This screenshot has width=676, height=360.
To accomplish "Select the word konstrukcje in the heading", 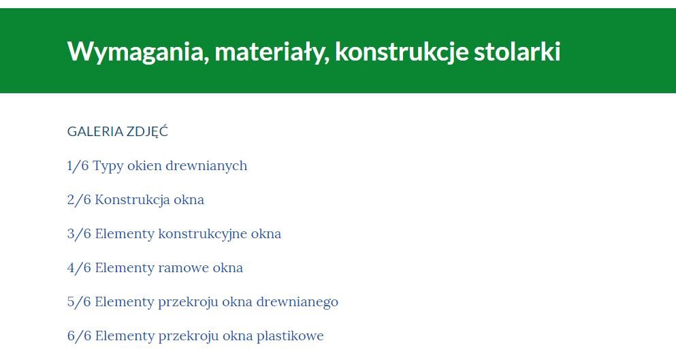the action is pyautogui.click(x=402, y=52).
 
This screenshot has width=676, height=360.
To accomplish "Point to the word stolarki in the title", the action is pyautogui.click(x=517, y=51).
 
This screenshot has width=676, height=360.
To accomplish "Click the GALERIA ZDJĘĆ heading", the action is pyautogui.click(x=118, y=131).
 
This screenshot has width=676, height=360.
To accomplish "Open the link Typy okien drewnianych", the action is pyautogui.click(x=170, y=166).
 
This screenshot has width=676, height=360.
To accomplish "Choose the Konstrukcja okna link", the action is pyautogui.click(x=149, y=199).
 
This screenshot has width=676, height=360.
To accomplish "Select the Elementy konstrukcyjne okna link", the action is pyautogui.click(x=188, y=233).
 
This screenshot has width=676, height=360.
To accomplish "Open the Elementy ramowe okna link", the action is pyautogui.click(x=169, y=267).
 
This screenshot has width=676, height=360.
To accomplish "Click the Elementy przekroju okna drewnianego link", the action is pyautogui.click(x=216, y=301).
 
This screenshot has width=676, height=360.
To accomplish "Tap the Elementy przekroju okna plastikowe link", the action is pyautogui.click(x=209, y=336).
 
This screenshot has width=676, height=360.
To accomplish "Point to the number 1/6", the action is pyautogui.click(x=78, y=165).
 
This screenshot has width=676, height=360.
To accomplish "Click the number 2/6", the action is pyautogui.click(x=79, y=199).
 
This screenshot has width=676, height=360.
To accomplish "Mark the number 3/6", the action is pyautogui.click(x=79, y=233).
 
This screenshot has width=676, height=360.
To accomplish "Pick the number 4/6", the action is pyautogui.click(x=79, y=267).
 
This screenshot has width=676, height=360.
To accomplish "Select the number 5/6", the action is pyautogui.click(x=79, y=301).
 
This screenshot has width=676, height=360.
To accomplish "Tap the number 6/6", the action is pyautogui.click(x=79, y=336).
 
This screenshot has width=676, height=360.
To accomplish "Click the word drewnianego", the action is pyautogui.click(x=297, y=302).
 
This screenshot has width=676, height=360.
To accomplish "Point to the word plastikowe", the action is pyautogui.click(x=290, y=336).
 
